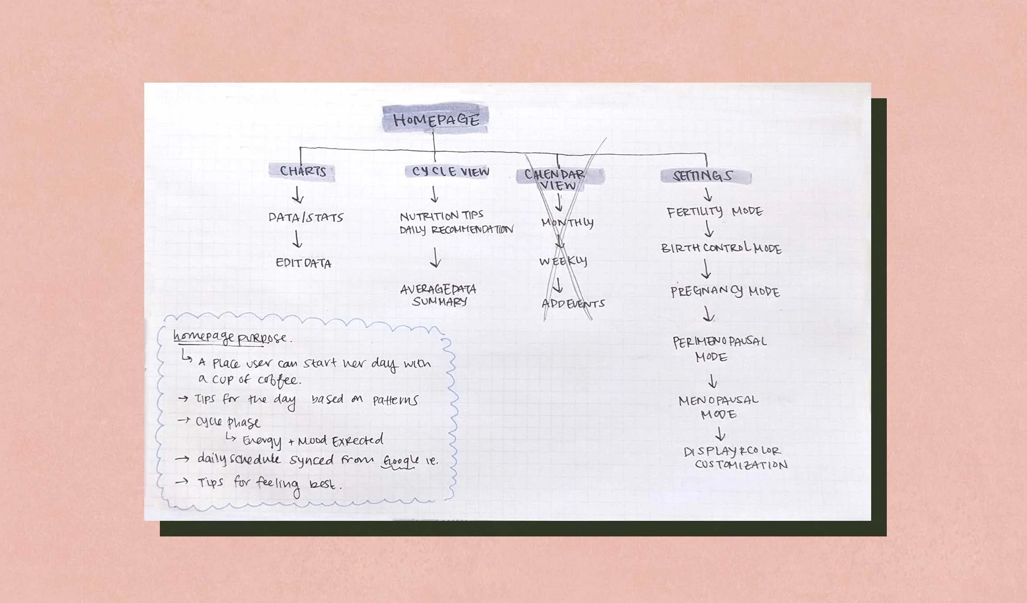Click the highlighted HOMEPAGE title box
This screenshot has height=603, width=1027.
435,119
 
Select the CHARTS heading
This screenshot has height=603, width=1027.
303,171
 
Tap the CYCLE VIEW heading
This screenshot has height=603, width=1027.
450,172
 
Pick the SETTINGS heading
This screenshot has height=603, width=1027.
703,176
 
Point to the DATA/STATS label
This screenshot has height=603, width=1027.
306,218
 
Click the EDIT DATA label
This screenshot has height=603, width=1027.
304,263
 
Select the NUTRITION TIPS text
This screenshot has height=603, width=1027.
442,216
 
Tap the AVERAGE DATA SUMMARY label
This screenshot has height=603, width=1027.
438,295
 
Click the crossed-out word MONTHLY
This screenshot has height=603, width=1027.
568,222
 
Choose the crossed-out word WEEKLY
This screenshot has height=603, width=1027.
563,261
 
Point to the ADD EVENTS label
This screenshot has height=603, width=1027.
573,304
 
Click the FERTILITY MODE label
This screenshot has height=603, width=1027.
715,211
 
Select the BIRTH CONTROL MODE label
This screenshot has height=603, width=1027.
721,248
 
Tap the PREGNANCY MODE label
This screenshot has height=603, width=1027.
725,291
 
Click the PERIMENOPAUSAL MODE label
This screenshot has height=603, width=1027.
719,349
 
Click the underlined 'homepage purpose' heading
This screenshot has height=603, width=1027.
230,338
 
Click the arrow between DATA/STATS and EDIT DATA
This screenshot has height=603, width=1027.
297,239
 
